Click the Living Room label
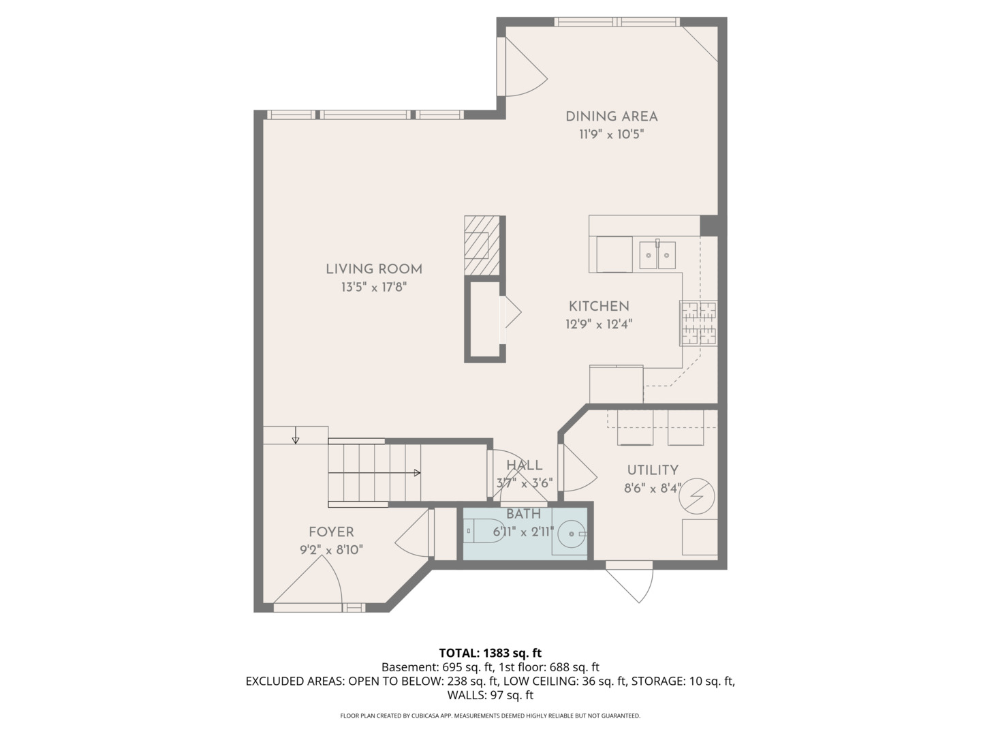tap(373, 269)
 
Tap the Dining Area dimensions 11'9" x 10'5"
tap(611, 134)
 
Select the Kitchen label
tap(599, 307)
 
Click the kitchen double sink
tap(657, 255)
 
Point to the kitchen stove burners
tap(698, 322)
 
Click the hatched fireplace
tap(482, 245)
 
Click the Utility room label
tap(652, 470)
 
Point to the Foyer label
tap(331, 532)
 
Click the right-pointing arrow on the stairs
tap(416, 472)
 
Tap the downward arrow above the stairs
tap(295, 440)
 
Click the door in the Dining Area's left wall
tap(522, 67)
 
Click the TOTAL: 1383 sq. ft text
tap(490, 653)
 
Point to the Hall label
tap(524, 465)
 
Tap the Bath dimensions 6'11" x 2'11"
tap(523, 532)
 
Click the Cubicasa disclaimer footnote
tap(490, 716)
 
